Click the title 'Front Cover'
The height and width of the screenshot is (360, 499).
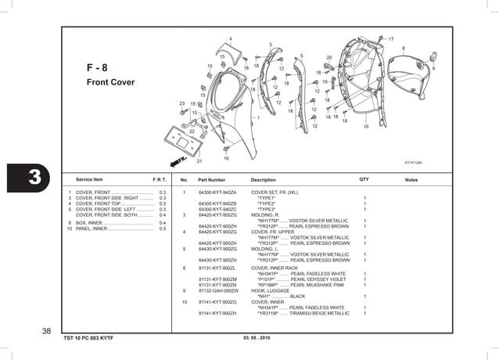pos(110,82)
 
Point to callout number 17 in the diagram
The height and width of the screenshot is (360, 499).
pos(391,38)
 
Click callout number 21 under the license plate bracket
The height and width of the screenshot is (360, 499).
pos(199,161)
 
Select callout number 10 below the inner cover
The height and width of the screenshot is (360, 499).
pos(365,127)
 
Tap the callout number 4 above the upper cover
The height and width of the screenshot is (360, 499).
pos(230,39)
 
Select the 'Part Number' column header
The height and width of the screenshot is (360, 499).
pos(211,180)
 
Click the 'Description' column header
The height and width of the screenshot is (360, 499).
pos(264,180)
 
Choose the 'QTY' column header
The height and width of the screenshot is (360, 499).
pos(364,180)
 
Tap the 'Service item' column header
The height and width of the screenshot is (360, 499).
pos(88,180)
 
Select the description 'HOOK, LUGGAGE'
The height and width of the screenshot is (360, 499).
pos(270,290)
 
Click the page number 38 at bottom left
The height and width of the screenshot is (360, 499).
pos(47,331)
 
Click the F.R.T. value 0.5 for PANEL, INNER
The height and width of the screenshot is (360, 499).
pos(162,229)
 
